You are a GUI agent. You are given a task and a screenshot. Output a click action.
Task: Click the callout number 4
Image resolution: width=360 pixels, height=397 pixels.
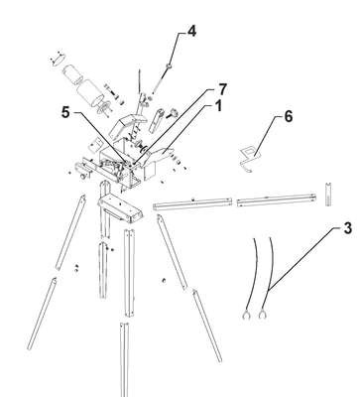(191, 31)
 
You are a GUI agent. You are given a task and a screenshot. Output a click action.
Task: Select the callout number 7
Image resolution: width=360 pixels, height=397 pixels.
(222, 89)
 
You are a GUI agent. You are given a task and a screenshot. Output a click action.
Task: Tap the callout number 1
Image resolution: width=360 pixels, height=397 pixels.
(218, 106)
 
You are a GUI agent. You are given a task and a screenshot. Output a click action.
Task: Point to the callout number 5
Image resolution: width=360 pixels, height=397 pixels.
(65, 113)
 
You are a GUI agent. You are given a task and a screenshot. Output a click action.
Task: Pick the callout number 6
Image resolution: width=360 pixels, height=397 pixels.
(289, 116)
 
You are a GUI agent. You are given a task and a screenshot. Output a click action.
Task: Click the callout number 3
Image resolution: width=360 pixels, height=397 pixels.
(347, 228)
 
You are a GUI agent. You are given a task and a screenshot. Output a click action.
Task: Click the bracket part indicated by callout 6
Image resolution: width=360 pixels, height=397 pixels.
(249, 158)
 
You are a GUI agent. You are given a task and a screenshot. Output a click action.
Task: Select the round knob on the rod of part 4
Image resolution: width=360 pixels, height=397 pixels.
(169, 66)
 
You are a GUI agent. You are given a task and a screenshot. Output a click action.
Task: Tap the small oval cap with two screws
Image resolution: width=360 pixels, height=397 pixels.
(57, 59)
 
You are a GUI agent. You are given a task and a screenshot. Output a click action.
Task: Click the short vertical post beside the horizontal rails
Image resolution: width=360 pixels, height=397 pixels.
(328, 195)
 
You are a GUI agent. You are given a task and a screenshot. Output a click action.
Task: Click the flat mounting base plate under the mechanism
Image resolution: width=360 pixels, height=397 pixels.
(121, 209)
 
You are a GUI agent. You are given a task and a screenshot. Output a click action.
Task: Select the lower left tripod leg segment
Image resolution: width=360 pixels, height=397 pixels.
(42, 314)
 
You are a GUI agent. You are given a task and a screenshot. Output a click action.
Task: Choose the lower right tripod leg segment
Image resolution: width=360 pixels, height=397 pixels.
(207, 326)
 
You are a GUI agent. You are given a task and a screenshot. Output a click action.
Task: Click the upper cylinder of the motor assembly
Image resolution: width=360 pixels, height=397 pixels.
(72, 74)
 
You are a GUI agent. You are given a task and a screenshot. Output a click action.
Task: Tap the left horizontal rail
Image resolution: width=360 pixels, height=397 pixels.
(193, 203)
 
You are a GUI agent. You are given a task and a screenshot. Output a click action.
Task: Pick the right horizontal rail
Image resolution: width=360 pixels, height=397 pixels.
(277, 200)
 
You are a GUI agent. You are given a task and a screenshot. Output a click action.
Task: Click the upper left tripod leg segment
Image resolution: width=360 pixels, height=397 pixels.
(70, 232)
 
